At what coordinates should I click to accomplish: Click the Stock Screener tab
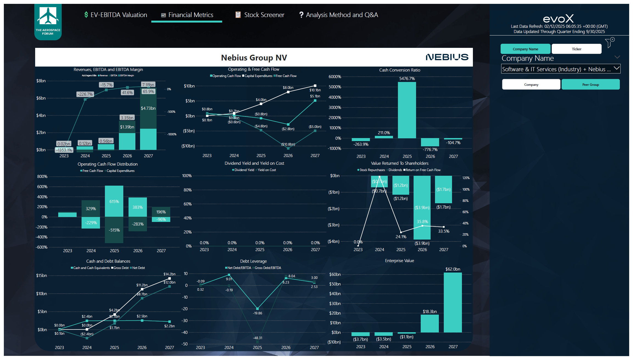[260, 15]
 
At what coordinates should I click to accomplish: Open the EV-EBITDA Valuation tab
[116, 15]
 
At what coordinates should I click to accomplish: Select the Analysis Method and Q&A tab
[339, 15]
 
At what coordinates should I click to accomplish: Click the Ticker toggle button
[576, 49]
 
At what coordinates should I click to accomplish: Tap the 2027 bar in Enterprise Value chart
[453, 302]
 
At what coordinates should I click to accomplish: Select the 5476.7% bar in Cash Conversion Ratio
[407, 110]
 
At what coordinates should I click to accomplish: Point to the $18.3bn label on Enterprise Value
[430, 311]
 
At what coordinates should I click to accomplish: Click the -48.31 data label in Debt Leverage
[257, 338]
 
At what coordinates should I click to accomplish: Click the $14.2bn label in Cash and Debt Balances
[169, 274]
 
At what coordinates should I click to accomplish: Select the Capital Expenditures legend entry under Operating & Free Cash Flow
[257, 76]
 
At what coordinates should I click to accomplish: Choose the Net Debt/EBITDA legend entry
[238, 268]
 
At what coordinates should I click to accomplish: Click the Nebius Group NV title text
[254, 58]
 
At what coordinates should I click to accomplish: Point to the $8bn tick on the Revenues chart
[41, 81]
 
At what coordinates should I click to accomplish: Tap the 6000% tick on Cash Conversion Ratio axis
[335, 77]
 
